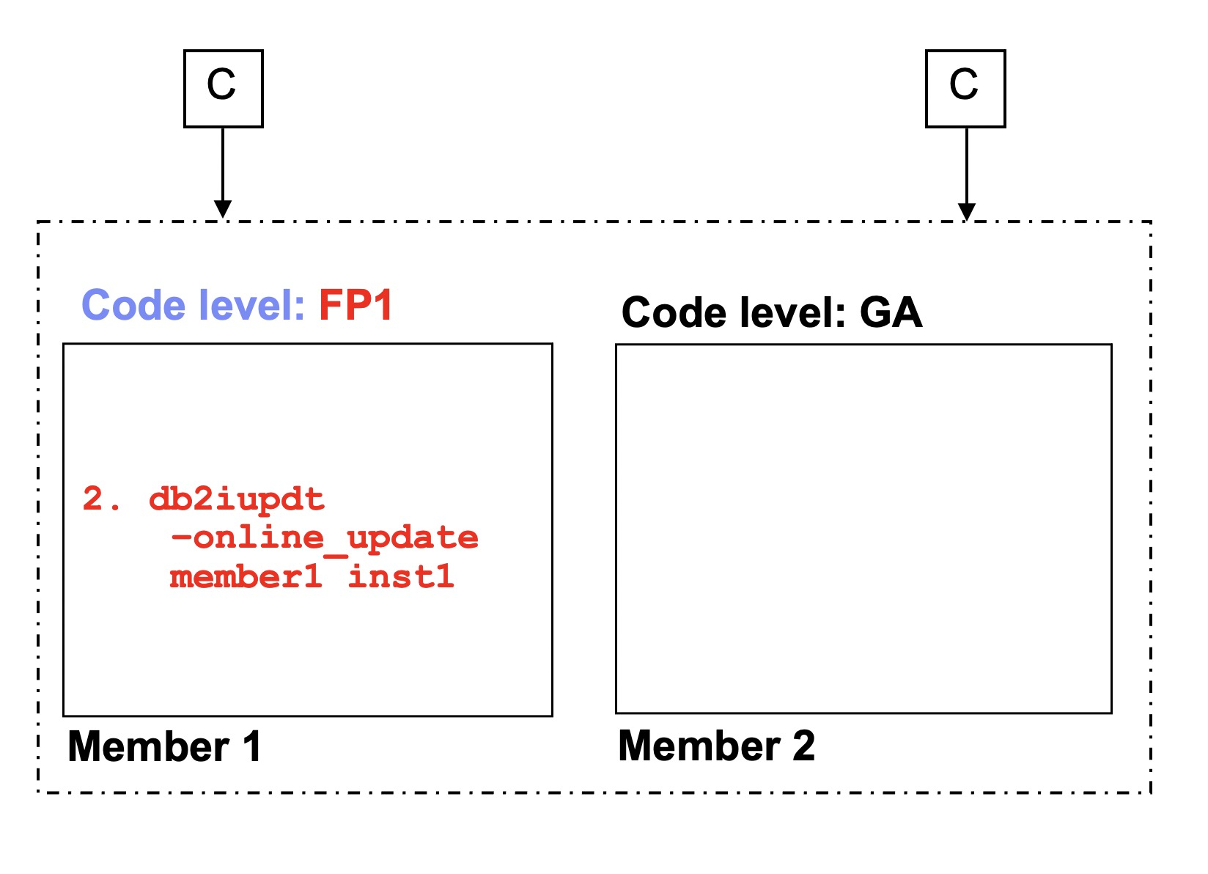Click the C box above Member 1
point(223,89)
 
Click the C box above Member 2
point(965,89)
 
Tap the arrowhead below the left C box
point(223,209)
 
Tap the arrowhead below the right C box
point(967,210)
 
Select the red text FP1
point(356,305)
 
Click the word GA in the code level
point(891,313)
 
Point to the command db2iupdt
point(236,500)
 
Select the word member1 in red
point(246,577)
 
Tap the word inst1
point(401,577)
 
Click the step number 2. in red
point(101,500)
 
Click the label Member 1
point(164,747)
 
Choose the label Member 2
point(716,746)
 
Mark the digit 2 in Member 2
point(803,746)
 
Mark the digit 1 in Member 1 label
point(251,747)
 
